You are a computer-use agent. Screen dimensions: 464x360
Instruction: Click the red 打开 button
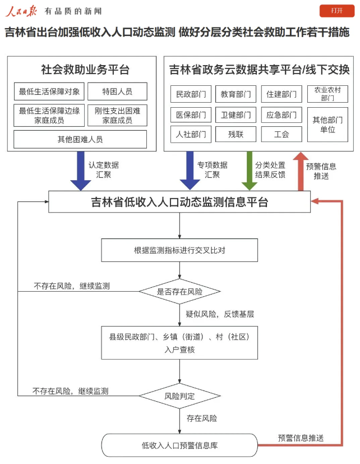(x=337, y=11)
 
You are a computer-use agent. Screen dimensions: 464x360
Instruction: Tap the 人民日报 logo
(x=21, y=11)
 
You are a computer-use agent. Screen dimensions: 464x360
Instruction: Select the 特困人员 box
(x=117, y=91)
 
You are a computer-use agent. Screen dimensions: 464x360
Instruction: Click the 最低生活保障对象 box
(x=49, y=91)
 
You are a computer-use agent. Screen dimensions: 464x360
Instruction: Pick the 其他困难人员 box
(x=80, y=139)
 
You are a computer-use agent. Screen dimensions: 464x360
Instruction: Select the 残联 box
(x=236, y=134)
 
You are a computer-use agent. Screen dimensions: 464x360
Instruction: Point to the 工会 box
(x=281, y=134)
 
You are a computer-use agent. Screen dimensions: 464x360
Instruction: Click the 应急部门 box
(x=281, y=114)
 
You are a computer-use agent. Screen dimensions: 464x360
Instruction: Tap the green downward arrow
(x=247, y=171)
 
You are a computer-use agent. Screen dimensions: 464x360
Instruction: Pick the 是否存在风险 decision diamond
(x=179, y=292)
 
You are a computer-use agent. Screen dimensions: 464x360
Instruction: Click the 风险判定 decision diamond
(x=179, y=396)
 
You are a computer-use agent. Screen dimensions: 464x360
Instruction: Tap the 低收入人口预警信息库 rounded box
(x=179, y=445)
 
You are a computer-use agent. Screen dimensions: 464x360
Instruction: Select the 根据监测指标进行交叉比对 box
(x=179, y=250)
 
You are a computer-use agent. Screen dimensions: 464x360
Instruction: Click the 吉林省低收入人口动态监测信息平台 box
(x=179, y=202)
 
